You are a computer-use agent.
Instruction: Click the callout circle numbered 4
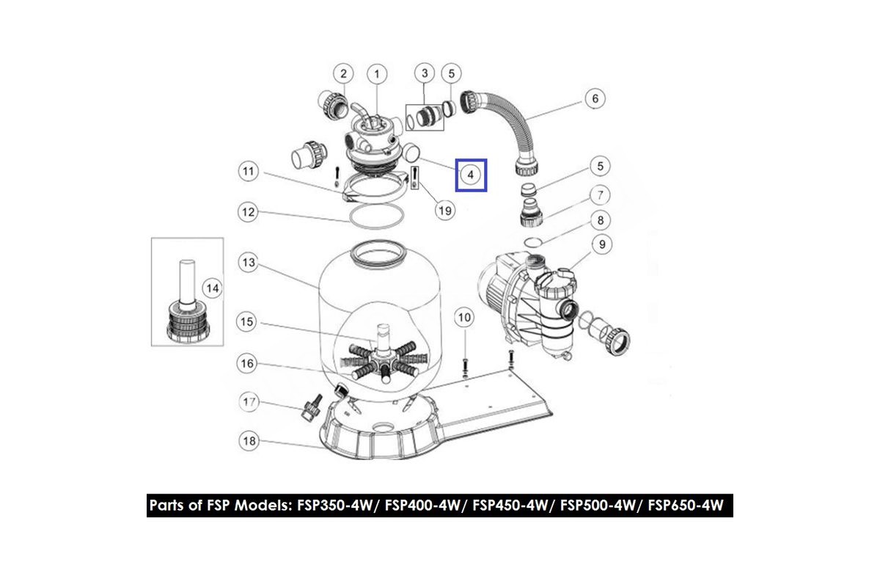471,175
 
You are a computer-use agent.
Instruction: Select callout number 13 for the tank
249,262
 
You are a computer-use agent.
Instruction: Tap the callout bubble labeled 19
445,211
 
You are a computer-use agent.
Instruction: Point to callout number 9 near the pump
602,244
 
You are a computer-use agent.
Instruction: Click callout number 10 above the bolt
464,317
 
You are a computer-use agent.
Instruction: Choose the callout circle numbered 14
213,288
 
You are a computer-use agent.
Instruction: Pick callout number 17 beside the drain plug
249,402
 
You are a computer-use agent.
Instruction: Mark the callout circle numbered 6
595,98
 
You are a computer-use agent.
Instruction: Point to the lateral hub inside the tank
383,357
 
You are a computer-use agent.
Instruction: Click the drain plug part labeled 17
312,408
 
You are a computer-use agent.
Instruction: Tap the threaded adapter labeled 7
532,213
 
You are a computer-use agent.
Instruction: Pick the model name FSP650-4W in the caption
685,506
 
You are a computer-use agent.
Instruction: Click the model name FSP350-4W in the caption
334,506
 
